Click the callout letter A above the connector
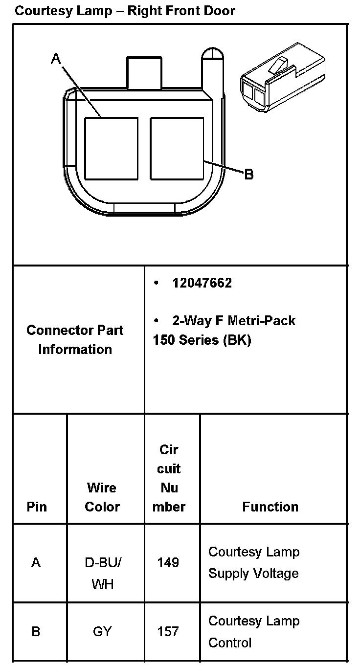pos(56,59)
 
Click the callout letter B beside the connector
pos(248,174)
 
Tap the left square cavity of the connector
pos(111,148)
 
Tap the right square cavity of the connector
pos(177,148)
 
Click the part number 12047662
pos(202,283)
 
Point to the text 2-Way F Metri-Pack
pos(233,321)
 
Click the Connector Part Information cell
pos(75,339)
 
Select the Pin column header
pos(37,507)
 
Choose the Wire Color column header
pos(102,497)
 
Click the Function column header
pos(270,507)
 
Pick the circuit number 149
pos(168,563)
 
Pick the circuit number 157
pos(168,632)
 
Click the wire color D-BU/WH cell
pos(103,573)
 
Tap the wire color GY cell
pos(103,632)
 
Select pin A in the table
pos(36,563)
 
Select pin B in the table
pos(36,632)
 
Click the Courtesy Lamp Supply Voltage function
pos(253,562)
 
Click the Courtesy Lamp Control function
pos(253,631)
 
